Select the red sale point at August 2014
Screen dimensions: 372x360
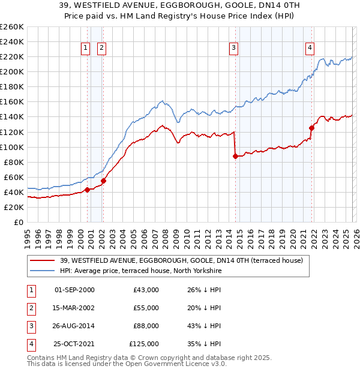(x=235, y=156)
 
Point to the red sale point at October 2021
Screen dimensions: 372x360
(x=311, y=128)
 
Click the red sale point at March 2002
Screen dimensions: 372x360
(x=103, y=181)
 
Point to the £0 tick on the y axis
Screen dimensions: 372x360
(x=19, y=222)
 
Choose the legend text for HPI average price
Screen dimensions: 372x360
(x=140, y=271)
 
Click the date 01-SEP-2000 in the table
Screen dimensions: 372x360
(x=74, y=290)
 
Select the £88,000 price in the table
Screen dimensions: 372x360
(x=146, y=327)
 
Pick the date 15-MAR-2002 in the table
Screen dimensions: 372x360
(x=74, y=308)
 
